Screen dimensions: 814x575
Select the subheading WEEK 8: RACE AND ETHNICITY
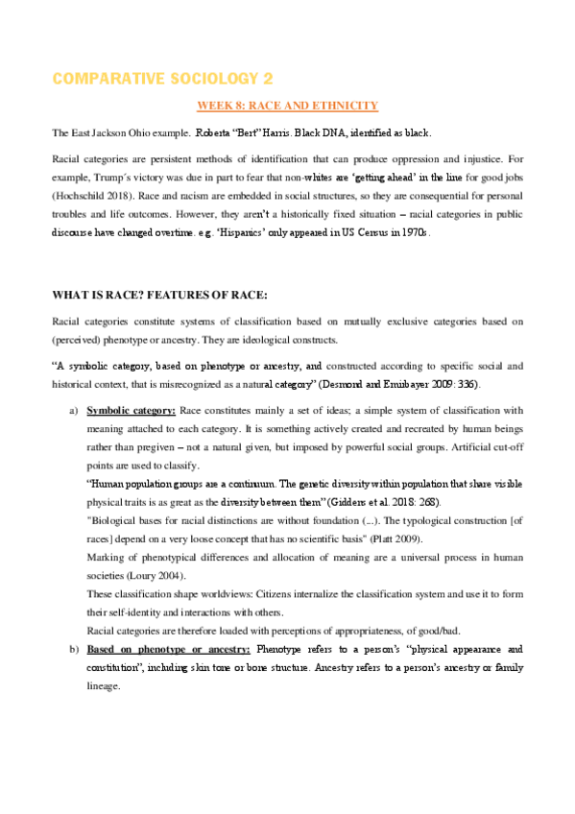(287, 106)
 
